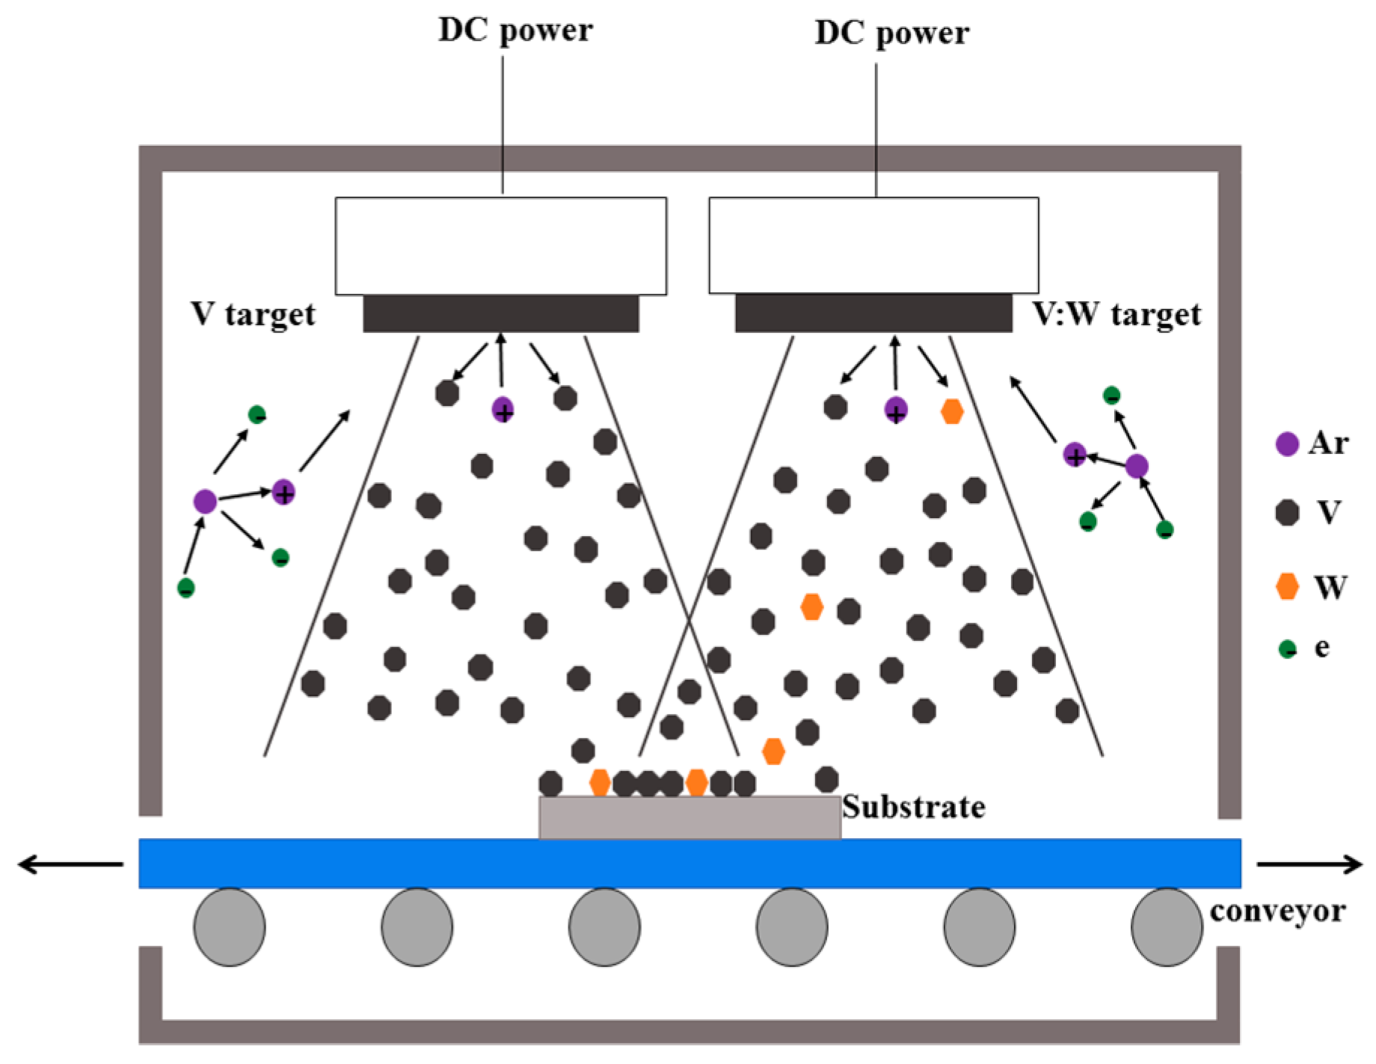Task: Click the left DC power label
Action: tap(515, 31)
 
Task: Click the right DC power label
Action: tap(891, 34)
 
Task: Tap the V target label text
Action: tap(253, 314)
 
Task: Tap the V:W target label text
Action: tap(1117, 314)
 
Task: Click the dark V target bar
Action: tap(501, 313)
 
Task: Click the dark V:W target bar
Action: tap(873, 313)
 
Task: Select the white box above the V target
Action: tap(501, 246)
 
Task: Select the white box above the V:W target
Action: tap(873, 246)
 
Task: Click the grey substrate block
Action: tap(689, 817)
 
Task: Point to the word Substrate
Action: tap(913, 807)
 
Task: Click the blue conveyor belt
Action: tap(689, 864)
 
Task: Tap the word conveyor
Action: tap(1277, 911)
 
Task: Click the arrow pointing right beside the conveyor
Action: tap(1309, 864)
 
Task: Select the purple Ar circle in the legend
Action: tap(1286, 443)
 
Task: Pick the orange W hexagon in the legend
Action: tap(1286, 586)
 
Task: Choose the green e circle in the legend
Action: tap(1287, 648)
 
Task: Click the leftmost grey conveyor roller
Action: tap(230, 927)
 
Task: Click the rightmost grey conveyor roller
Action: tap(1167, 927)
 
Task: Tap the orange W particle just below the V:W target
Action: tap(951, 411)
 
